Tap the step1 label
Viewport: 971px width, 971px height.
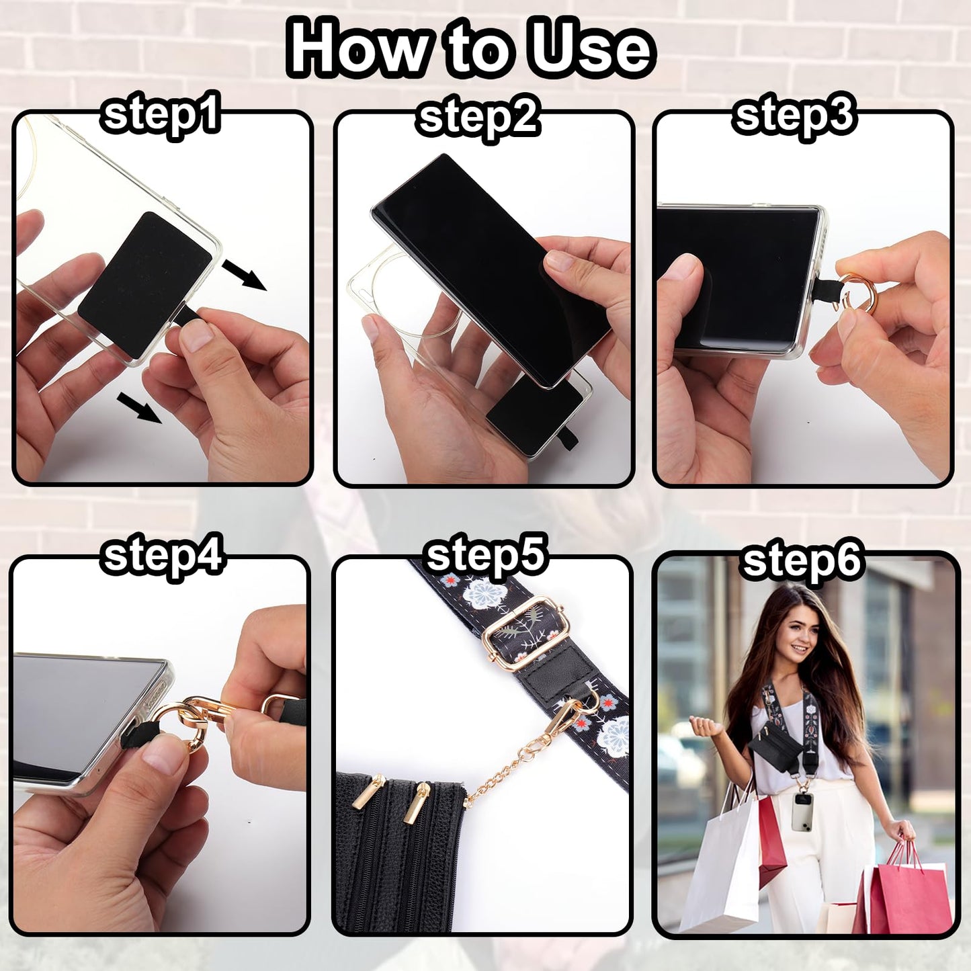[160, 116]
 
